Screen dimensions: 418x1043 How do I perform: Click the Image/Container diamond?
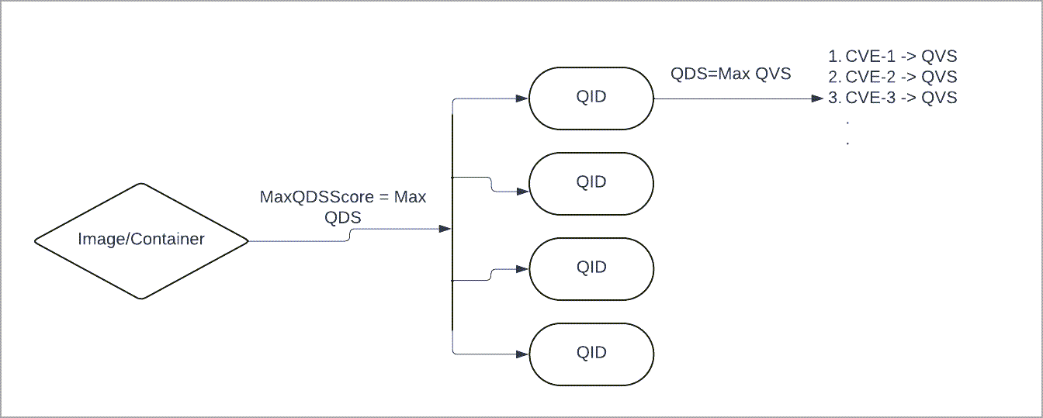pos(140,240)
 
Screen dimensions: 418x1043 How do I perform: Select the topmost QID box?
pos(591,98)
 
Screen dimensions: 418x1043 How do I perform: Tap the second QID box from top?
pos(591,183)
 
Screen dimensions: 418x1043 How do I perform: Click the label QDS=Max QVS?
pos(730,74)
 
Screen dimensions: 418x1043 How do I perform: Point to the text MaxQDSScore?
pos(316,198)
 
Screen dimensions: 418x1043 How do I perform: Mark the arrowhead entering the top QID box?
pos(522,98)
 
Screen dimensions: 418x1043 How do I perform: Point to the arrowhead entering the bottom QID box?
pos(522,354)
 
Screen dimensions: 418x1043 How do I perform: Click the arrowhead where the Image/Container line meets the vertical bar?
pos(445,230)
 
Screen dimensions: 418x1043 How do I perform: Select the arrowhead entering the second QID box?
pos(522,190)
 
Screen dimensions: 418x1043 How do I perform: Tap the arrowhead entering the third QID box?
pos(522,269)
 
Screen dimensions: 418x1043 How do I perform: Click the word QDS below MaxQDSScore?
pos(343,218)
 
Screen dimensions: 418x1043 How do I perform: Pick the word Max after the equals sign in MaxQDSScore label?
pos(411,198)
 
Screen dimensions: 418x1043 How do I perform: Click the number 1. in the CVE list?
pos(835,57)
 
